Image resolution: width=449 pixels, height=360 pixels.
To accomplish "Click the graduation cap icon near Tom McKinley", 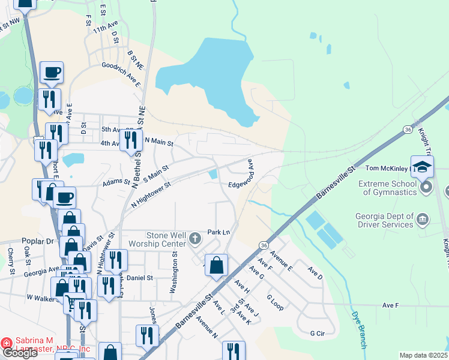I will (x=422, y=166).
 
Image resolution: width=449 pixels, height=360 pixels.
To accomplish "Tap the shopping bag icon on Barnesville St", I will (x=217, y=264).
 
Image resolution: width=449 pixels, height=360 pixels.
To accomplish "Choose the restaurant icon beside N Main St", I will (x=130, y=140).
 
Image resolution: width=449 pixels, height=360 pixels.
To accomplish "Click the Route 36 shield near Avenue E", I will (x=264, y=245).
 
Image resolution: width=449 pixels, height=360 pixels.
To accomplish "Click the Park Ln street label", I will (x=218, y=232).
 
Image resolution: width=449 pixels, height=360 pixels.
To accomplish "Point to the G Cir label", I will (x=317, y=333).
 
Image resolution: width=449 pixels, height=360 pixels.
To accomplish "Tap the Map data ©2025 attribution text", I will (x=423, y=355).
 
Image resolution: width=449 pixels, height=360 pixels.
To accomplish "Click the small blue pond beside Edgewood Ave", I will (x=213, y=174).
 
